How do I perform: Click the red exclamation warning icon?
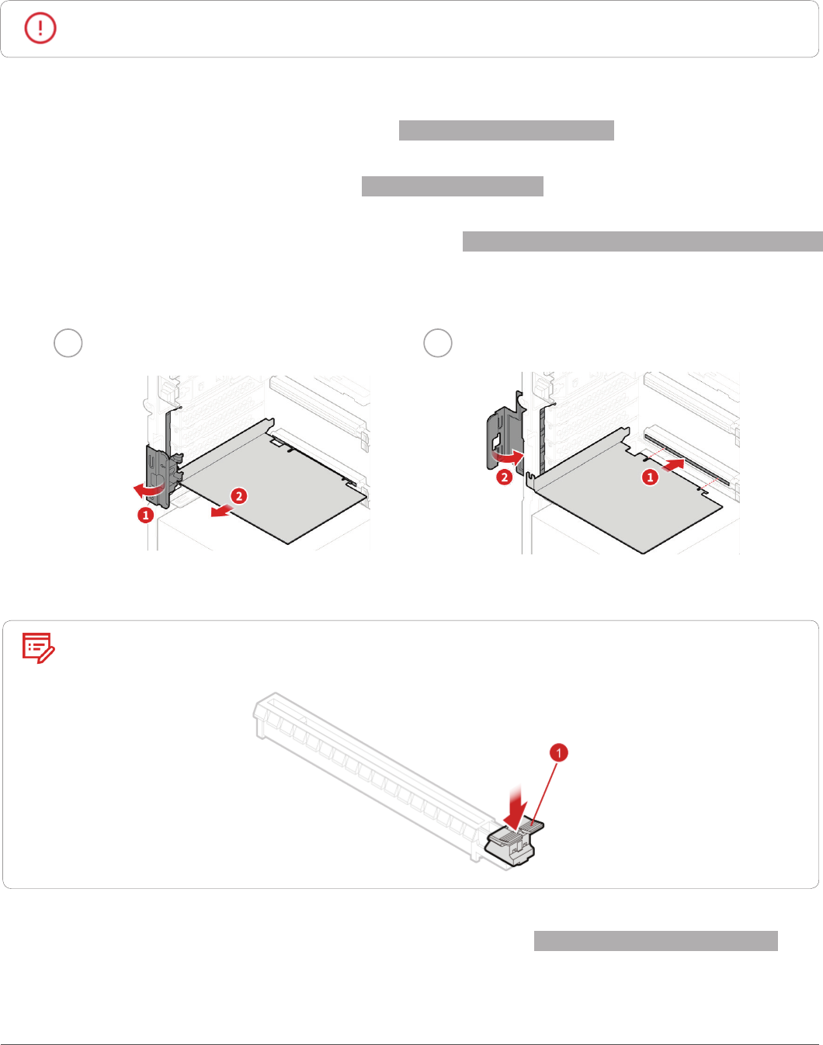40,28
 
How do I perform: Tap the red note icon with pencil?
38,647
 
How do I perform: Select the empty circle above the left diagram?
68,343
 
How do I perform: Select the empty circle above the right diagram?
437,343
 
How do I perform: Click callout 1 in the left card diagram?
146,515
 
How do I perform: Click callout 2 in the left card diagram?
239,496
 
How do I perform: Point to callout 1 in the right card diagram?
650,477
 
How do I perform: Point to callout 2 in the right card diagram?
505,477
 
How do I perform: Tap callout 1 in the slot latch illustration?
558,752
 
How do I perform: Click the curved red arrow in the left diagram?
151,491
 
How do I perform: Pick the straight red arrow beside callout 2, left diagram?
222,510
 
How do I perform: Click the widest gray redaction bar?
642,241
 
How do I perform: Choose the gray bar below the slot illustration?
655,941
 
